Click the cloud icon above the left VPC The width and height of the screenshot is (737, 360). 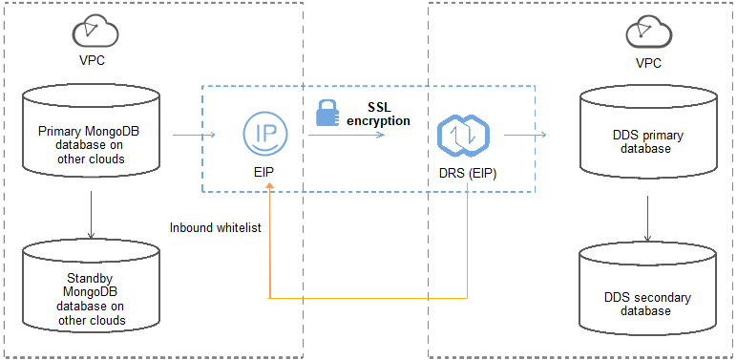(x=95, y=32)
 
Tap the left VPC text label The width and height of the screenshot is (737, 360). (x=93, y=63)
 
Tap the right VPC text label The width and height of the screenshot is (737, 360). (x=648, y=63)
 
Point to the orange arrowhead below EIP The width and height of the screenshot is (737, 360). (x=271, y=191)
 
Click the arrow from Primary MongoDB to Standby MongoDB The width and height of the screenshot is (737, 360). (x=91, y=215)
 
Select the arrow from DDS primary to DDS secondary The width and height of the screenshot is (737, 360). (x=649, y=220)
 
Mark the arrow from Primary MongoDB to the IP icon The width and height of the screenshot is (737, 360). (x=195, y=136)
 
